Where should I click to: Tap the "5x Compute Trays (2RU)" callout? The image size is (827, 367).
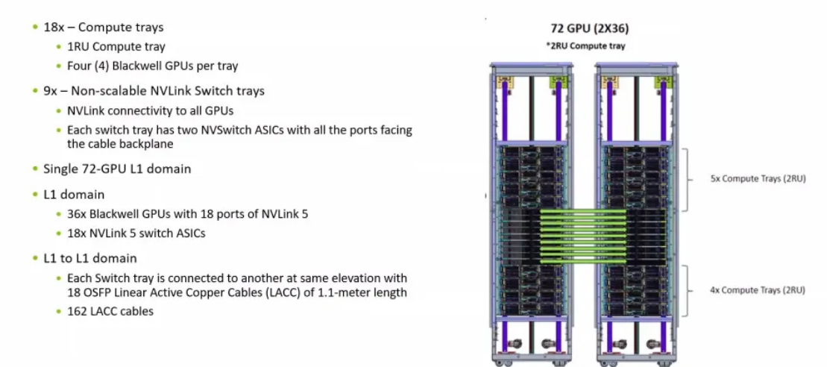[758, 179]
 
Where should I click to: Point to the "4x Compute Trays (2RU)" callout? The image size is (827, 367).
[758, 290]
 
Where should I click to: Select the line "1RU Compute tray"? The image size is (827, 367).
[116, 47]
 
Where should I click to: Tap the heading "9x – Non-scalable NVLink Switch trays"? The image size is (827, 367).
[154, 90]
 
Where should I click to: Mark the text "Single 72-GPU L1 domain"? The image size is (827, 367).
[117, 169]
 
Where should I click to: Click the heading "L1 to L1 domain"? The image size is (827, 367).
[90, 258]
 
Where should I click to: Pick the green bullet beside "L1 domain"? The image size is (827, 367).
[34, 194]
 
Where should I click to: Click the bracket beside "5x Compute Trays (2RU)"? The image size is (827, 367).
[696, 178]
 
